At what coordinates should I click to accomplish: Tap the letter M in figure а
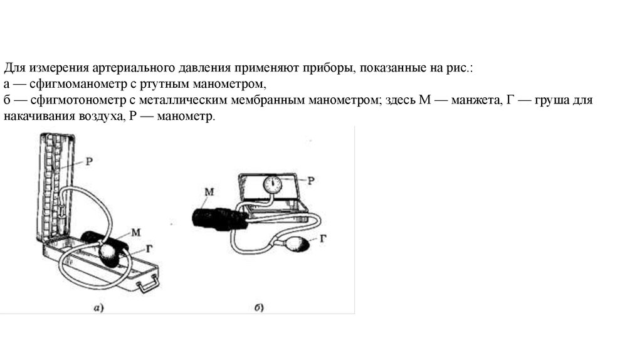coord(136,231)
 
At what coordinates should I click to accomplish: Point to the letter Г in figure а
coord(149,248)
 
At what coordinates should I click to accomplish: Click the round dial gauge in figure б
coord(273,184)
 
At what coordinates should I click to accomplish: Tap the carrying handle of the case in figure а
coord(147,285)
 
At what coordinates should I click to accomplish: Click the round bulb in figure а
coord(110,255)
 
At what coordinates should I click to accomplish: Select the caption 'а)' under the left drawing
coord(98,307)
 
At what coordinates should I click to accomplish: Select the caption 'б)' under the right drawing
coord(258,307)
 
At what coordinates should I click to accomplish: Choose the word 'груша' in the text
coord(550,100)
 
